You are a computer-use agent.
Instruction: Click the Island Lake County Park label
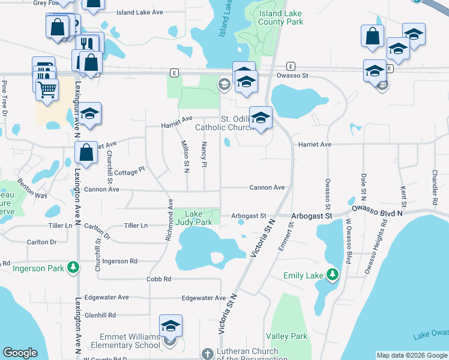(280, 17)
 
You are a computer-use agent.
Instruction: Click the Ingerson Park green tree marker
(73, 268)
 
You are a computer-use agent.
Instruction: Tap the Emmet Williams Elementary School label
(125, 341)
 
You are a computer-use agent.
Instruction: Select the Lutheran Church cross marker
(207, 354)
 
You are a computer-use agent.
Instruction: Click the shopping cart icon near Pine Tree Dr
(46, 89)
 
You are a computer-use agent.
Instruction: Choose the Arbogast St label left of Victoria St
(249, 215)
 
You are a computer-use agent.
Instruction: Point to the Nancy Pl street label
(205, 155)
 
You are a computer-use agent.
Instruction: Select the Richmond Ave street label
(171, 220)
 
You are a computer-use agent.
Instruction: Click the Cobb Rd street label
(159, 279)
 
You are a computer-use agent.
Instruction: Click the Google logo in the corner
(20, 352)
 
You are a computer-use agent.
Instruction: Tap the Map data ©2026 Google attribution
(412, 355)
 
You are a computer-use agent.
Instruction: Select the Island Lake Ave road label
(140, 12)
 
